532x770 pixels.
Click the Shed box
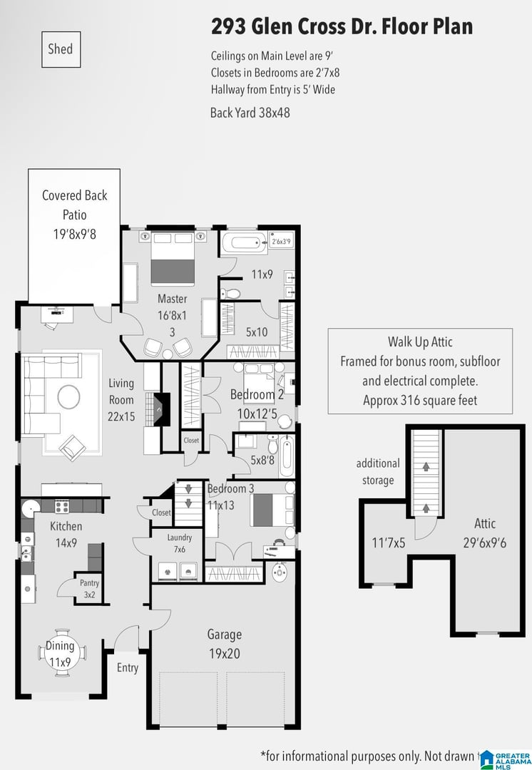[x=61, y=49]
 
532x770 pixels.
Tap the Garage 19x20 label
[x=225, y=644]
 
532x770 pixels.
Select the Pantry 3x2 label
[x=89, y=589]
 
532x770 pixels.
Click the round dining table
[x=61, y=653]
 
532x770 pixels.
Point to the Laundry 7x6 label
[x=179, y=543]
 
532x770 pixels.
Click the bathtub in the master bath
[x=244, y=242]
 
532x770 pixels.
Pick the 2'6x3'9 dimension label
[x=282, y=242]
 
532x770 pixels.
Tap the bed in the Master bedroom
[x=173, y=258]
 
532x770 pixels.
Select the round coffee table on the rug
[x=68, y=397]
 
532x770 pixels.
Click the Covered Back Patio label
[x=75, y=215]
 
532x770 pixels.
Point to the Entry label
[x=127, y=668]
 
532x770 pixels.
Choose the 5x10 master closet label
[x=257, y=332]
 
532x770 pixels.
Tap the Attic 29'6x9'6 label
[x=485, y=533]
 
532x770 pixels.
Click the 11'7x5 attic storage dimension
[x=389, y=543]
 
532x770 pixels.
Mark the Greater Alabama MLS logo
[x=506, y=760]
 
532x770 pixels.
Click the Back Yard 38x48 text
[x=250, y=113]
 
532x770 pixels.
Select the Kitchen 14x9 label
[x=66, y=534]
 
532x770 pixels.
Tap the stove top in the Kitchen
[x=61, y=506]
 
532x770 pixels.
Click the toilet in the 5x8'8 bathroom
[x=272, y=444]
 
